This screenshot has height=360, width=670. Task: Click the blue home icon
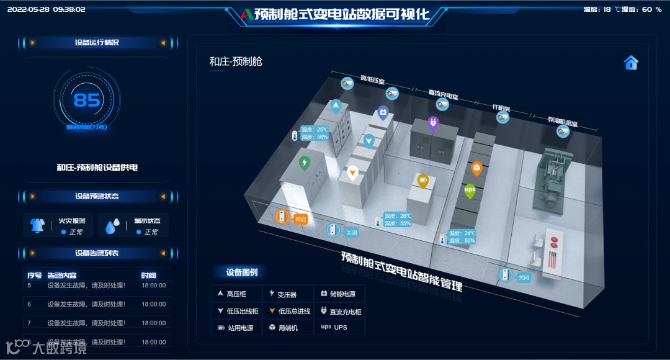(x=631, y=63)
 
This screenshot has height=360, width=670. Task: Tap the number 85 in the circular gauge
(x=86, y=99)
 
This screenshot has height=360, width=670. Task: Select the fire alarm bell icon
(x=37, y=226)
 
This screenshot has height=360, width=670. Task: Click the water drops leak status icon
(x=112, y=226)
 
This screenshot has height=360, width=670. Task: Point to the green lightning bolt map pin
(x=304, y=163)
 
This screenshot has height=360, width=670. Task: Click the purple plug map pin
(x=433, y=123)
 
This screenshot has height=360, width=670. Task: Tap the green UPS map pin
(x=470, y=190)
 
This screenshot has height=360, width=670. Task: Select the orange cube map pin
(x=476, y=168)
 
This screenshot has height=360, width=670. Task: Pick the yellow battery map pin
(x=422, y=181)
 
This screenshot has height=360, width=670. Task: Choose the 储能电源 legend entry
(x=339, y=294)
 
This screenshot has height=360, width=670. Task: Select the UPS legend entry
(x=334, y=328)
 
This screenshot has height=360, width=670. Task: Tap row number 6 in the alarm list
(x=29, y=304)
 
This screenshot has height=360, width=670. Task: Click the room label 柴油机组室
(x=563, y=119)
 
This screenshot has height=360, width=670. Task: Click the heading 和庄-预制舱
(x=236, y=61)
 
